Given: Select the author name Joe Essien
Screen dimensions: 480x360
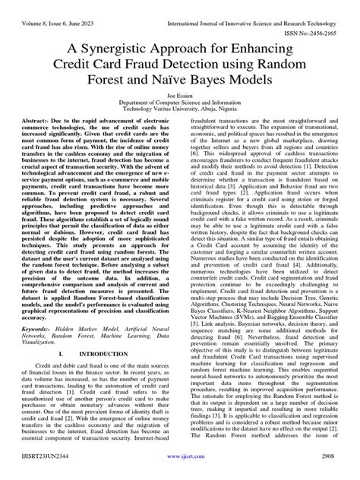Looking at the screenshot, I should pyautogui.click(x=180, y=109).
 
